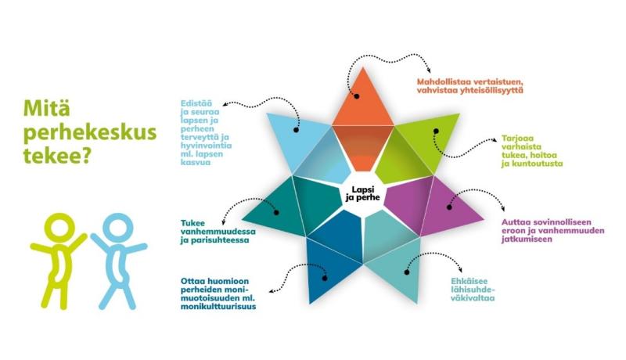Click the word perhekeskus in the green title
point(90,132)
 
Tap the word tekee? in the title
point(56,155)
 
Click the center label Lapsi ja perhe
point(363,193)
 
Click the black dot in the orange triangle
point(357,96)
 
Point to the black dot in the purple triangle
point(449,207)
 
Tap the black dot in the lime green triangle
point(437,131)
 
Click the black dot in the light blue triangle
point(296,130)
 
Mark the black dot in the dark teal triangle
point(276,212)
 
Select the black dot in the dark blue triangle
point(324,278)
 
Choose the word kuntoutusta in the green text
point(532,164)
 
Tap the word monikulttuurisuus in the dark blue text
point(218,307)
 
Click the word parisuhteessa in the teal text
point(218,240)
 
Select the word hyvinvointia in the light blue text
point(206,146)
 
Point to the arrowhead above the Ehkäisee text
point(461,270)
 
